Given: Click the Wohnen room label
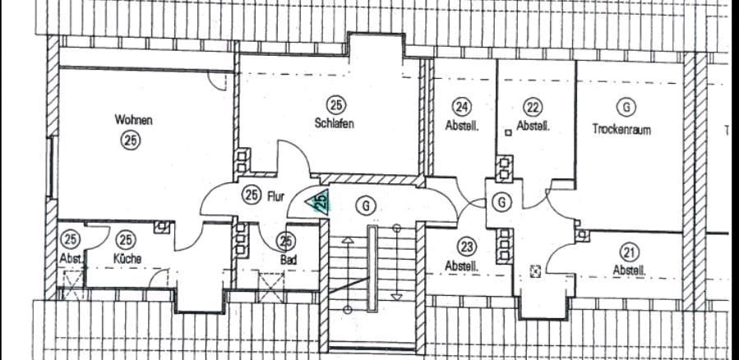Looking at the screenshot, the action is coord(133,120).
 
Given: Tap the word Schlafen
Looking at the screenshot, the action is coord(335,123).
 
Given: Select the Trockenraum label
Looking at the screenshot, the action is coord(621,129).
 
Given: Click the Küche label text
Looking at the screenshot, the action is coord(127,258).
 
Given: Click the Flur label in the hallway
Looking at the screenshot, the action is coord(275,196).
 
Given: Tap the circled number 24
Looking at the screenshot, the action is coord(462,107).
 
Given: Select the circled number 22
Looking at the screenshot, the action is coord(533,107).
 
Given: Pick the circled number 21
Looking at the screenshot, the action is coord(630,252).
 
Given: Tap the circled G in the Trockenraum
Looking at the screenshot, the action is coord(626,108).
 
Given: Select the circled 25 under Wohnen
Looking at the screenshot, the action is coord(131,141).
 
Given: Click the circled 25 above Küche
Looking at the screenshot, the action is coord(126,240).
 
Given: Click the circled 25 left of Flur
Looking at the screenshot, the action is coord(252,195).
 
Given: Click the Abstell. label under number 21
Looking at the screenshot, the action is coord(629,270).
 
